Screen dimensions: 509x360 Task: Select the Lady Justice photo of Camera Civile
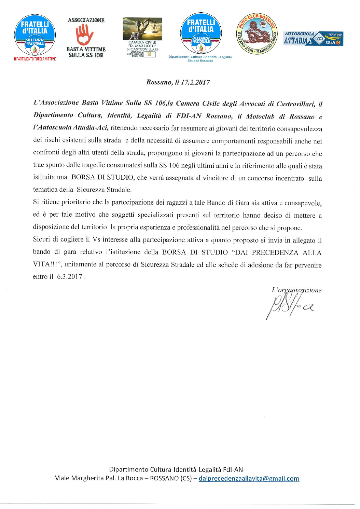142,29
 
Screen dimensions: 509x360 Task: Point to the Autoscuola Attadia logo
313,39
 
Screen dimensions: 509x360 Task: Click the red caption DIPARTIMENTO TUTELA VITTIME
35,59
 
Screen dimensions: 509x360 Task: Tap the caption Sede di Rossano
200,61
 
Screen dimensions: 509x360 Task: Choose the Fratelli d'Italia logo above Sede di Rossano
201,33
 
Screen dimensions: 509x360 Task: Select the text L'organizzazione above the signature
296,290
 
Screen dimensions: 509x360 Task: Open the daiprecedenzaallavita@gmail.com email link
249,479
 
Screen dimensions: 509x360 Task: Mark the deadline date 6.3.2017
70,277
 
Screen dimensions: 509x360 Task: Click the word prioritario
77,202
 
